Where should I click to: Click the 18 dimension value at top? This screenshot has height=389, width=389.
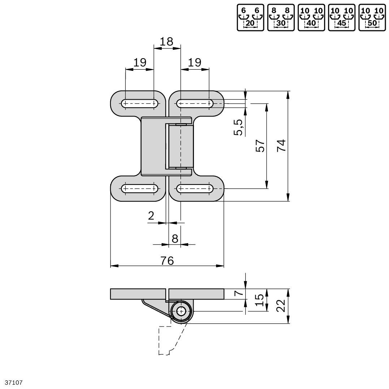(x=167, y=42)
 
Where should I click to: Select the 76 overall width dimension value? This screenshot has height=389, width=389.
(x=167, y=260)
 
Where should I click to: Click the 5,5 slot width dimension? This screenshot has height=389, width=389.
(x=239, y=127)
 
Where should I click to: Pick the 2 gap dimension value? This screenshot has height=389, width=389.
(x=151, y=216)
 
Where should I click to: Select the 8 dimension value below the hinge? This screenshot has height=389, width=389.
(x=175, y=238)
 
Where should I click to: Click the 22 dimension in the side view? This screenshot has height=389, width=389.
(x=282, y=306)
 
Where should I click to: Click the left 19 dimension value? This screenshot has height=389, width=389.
(x=140, y=63)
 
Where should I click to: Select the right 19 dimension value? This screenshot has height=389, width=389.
(x=194, y=63)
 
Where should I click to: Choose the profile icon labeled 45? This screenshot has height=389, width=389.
(x=341, y=17)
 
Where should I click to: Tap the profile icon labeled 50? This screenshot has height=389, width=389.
(x=372, y=17)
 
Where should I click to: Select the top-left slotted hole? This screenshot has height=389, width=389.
(x=140, y=104)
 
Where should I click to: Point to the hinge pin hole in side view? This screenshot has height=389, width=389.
(x=181, y=311)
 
